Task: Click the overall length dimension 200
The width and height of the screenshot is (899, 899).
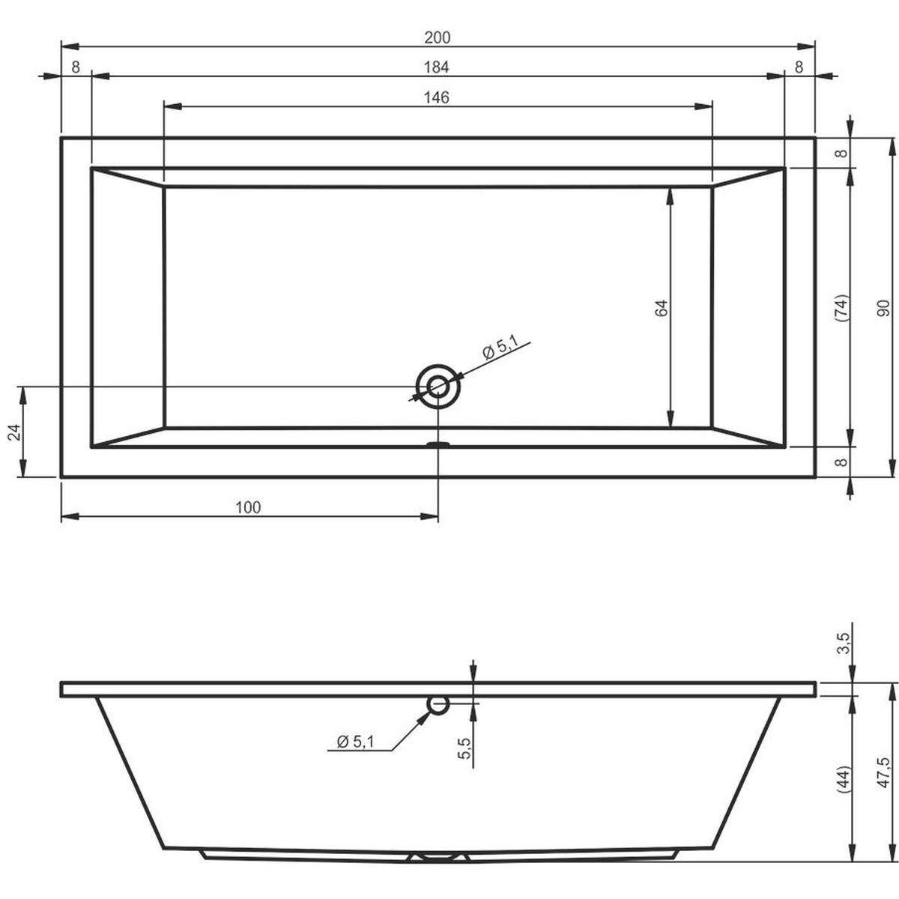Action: [437, 37]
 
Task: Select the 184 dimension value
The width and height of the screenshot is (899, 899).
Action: [436, 67]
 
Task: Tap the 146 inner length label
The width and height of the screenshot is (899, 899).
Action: [436, 97]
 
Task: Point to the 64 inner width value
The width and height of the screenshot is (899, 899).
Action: [662, 309]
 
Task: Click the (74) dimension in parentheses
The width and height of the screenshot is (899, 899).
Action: [841, 308]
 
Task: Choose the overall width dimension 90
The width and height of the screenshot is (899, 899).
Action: [883, 309]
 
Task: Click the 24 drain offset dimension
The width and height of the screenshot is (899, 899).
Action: [13, 432]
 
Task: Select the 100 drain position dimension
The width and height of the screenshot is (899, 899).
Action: [248, 507]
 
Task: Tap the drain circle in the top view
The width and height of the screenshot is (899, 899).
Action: [438, 387]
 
